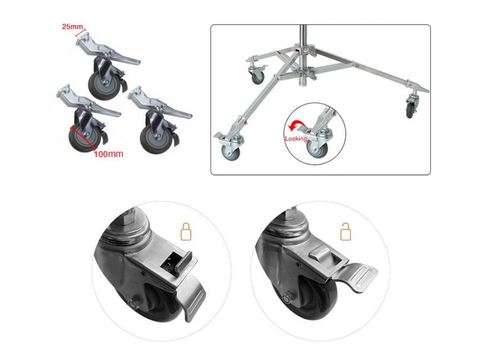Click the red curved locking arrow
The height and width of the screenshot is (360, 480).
pos(295,126)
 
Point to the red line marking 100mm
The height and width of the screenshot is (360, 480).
pos(81,135)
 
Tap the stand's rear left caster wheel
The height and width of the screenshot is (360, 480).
pos(257,75)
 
